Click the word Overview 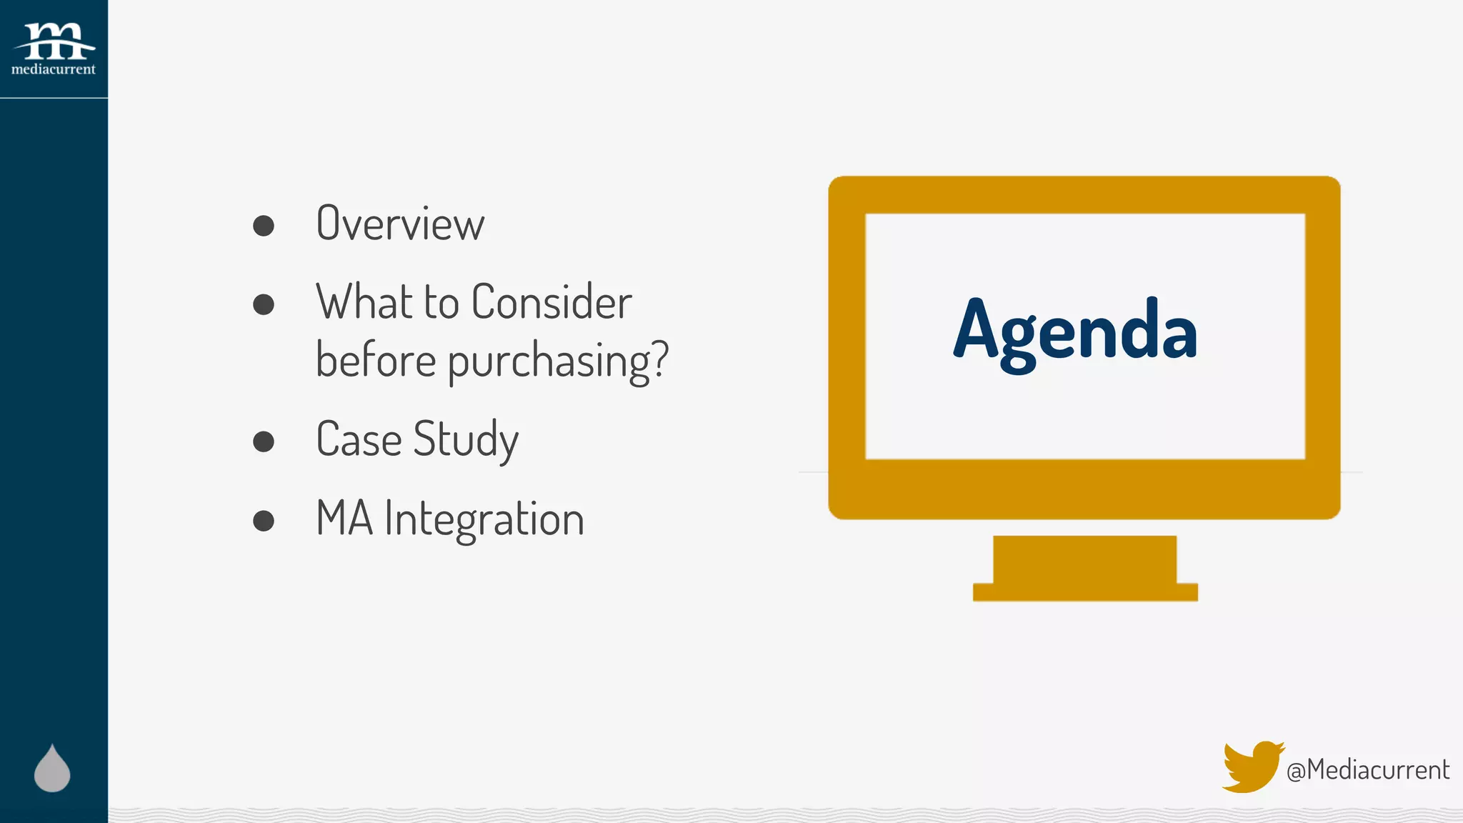coord(400,224)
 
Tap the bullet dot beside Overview coord(264,226)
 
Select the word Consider coord(551,302)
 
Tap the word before coord(376,360)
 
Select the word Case coord(359,439)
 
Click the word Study coord(466,440)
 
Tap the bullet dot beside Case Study coord(264,442)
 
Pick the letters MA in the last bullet coord(344,519)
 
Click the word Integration coord(484,519)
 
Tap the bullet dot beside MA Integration coord(264,521)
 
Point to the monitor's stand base coord(1084,591)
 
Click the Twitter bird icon coord(1251,767)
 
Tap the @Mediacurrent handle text coord(1367,770)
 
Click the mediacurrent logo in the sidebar coord(54,49)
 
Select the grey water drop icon coord(52,769)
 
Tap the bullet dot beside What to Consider coord(264,304)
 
